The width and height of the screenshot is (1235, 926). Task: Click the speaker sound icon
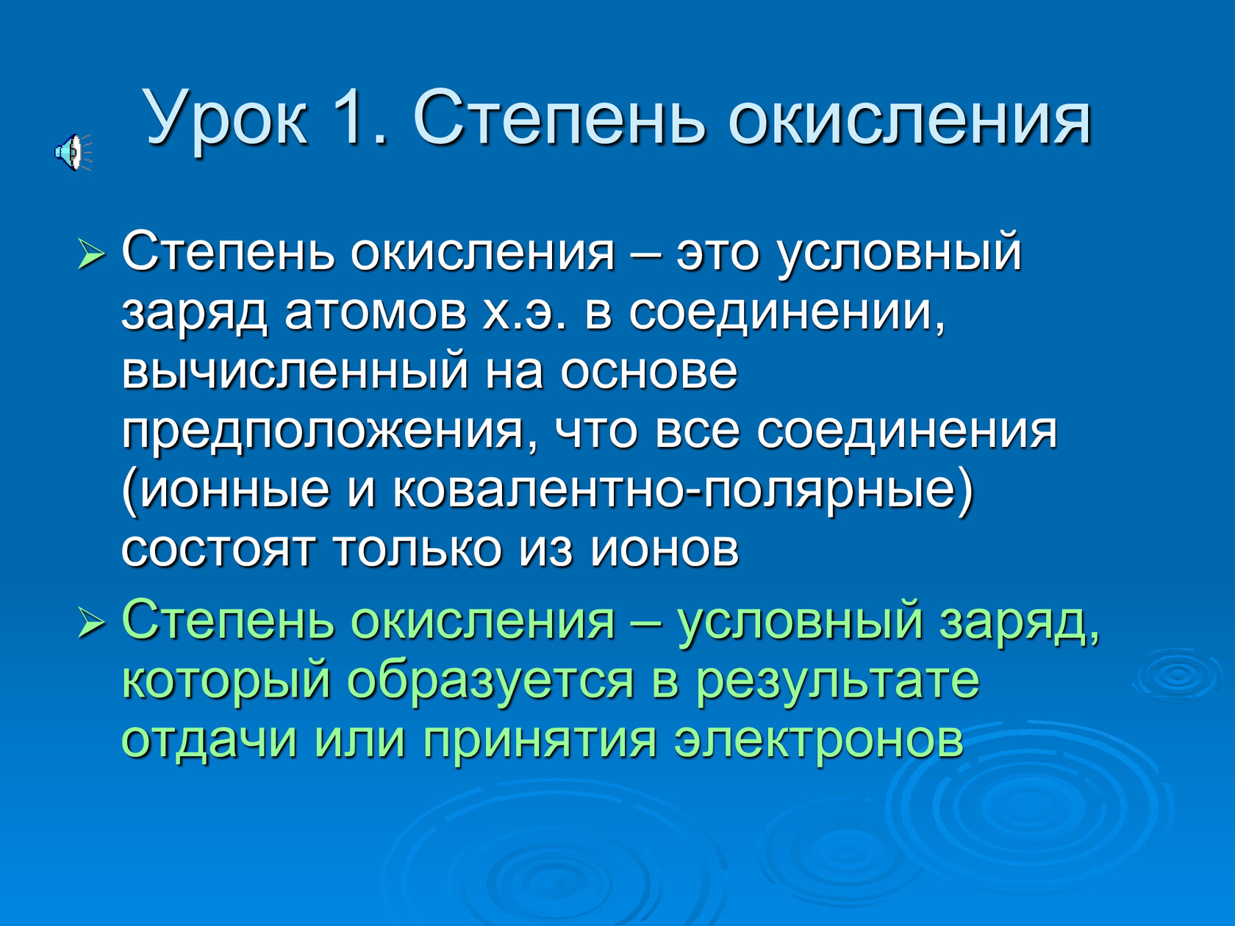(x=73, y=152)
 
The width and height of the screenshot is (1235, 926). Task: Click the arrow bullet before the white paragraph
(x=91, y=254)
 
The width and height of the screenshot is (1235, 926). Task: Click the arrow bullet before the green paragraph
(x=91, y=623)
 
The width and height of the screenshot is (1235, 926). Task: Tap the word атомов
(x=376, y=312)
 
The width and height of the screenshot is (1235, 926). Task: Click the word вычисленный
(x=295, y=372)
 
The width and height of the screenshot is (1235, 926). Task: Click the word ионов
(x=664, y=549)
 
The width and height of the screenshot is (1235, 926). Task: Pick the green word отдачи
(x=209, y=739)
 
